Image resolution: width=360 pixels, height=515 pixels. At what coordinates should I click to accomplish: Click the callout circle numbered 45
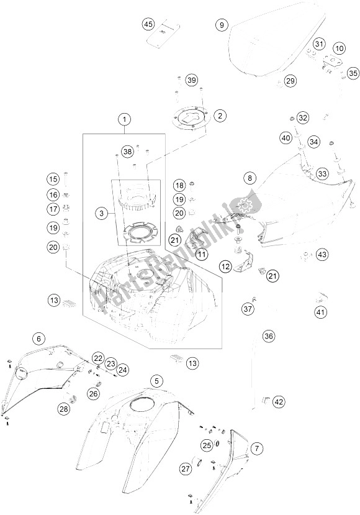point(147,25)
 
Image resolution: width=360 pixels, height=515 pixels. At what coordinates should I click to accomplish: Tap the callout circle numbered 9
point(221,25)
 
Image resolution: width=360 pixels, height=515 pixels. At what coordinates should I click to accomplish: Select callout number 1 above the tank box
point(125,119)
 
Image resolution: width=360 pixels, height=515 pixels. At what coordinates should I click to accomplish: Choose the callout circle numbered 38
point(127,151)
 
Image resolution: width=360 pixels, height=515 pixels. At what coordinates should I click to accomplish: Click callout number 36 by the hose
point(268,336)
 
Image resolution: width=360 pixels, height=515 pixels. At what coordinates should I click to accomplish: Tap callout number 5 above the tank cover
point(158,380)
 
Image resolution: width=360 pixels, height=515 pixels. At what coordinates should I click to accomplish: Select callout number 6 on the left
point(38,339)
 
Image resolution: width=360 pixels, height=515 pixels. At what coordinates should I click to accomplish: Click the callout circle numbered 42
point(279,401)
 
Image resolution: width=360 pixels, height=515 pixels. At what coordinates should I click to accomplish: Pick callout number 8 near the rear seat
point(250,178)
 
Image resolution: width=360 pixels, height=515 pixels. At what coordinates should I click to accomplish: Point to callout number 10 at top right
point(339,48)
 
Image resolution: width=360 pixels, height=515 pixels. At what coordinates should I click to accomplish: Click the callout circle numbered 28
point(64,408)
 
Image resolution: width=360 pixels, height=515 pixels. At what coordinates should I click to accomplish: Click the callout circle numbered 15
point(53,180)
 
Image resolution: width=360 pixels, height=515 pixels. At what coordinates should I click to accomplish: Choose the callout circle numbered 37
point(248,309)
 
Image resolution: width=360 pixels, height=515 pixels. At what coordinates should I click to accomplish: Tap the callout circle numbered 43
point(322,254)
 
